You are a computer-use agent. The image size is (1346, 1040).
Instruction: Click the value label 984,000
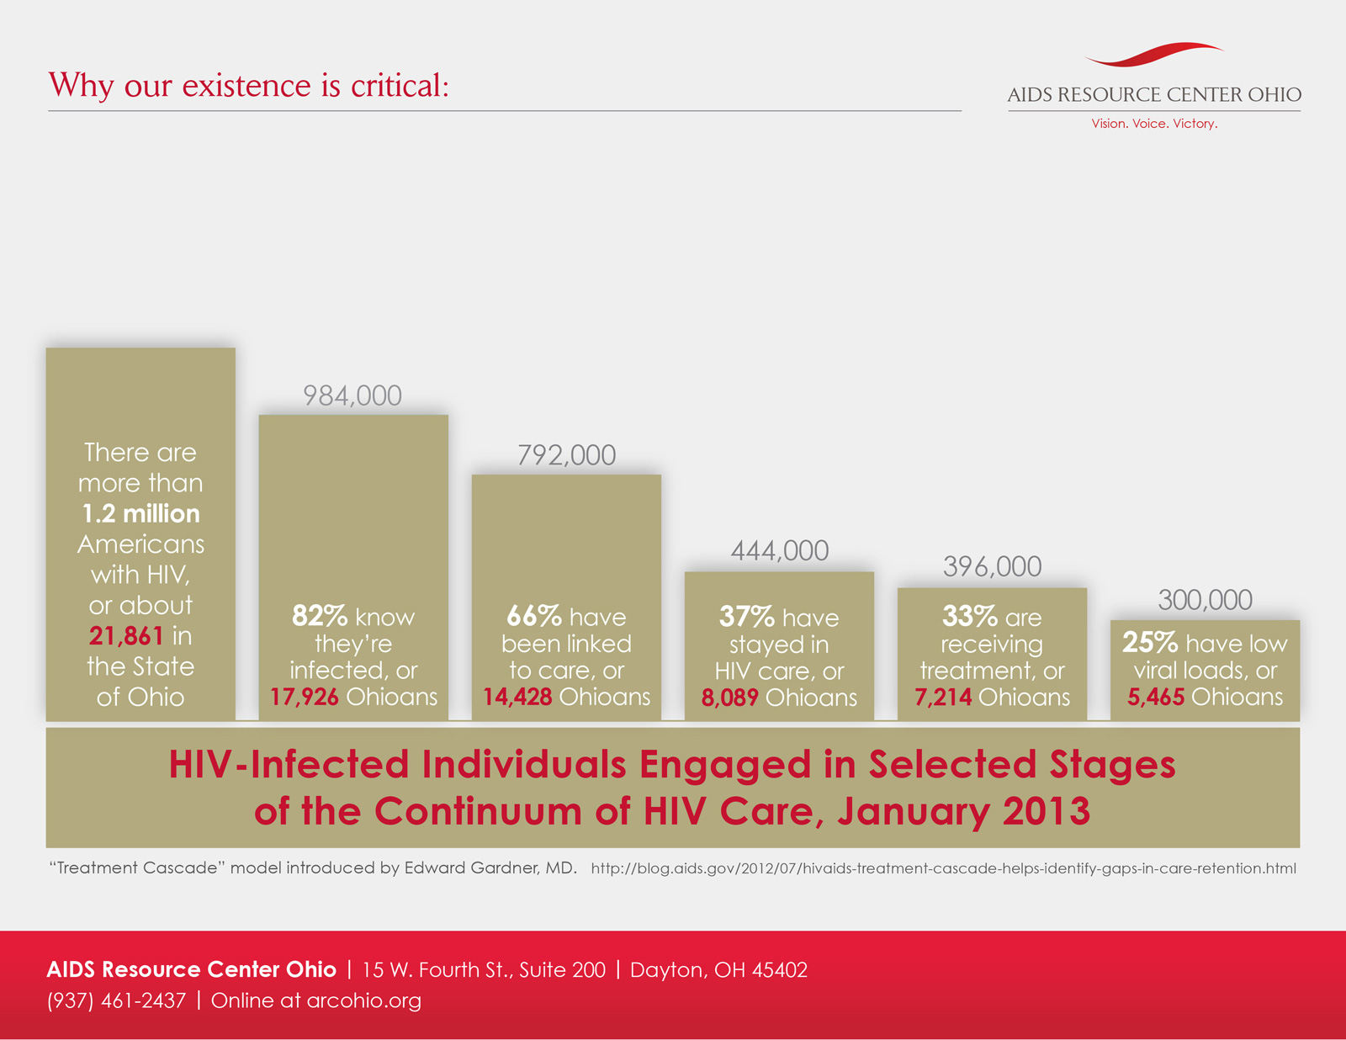pyautogui.click(x=352, y=395)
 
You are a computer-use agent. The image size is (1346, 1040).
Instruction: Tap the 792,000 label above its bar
pyautogui.click(x=566, y=455)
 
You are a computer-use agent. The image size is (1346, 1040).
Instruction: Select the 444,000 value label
pyautogui.click(x=779, y=551)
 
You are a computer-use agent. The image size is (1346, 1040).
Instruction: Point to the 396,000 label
pyautogui.click(x=992, y=567)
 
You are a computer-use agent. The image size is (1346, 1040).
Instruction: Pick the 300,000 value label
pyautogui.click(x=1205, y=600)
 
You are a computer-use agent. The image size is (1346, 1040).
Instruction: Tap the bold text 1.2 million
pyautogui.click(x=140, y=513)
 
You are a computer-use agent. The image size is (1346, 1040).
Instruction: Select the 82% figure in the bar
pyautogui.click(x=319, y=616)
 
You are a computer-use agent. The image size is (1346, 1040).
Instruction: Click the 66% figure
pyautogui.click(x=533, y=616)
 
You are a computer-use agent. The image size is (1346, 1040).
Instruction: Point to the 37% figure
pyautogui.click(x=746, y=617)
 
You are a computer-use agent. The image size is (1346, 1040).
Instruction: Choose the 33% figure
pyautogui.click(x=969, y=617)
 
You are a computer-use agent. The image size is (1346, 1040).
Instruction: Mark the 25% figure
pyautogui.click(x=1149, y=643)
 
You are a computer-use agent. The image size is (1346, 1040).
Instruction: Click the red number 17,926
pyautogui.click(x=305, y=697)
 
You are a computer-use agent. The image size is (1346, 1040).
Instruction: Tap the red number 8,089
pyautogui.click(x=730, y=698)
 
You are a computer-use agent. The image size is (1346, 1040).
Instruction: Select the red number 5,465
pyautogui.click(x=1156, y=697)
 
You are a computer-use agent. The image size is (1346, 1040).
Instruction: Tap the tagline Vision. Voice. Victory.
pyautogui.click(x=1154, y=124)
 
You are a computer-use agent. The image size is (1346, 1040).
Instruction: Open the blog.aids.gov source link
pyautogui.click(x=943, y=868)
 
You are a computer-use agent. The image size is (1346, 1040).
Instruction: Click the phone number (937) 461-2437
pyautogui.click(x=116, y=1000)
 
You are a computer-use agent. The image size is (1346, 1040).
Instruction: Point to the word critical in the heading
pyautogui.click(x=400, y=86)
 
